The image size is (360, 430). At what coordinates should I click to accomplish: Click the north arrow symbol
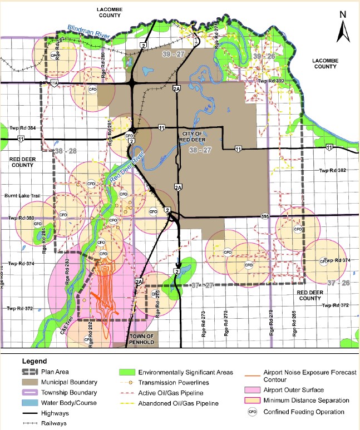(344, 28)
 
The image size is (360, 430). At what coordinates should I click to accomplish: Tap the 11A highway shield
(54, 83)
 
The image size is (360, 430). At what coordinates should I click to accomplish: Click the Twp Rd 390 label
(272, 81)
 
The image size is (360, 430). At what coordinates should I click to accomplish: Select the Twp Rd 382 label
(332, 171)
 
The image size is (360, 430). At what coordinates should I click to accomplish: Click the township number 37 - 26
(339, 283)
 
